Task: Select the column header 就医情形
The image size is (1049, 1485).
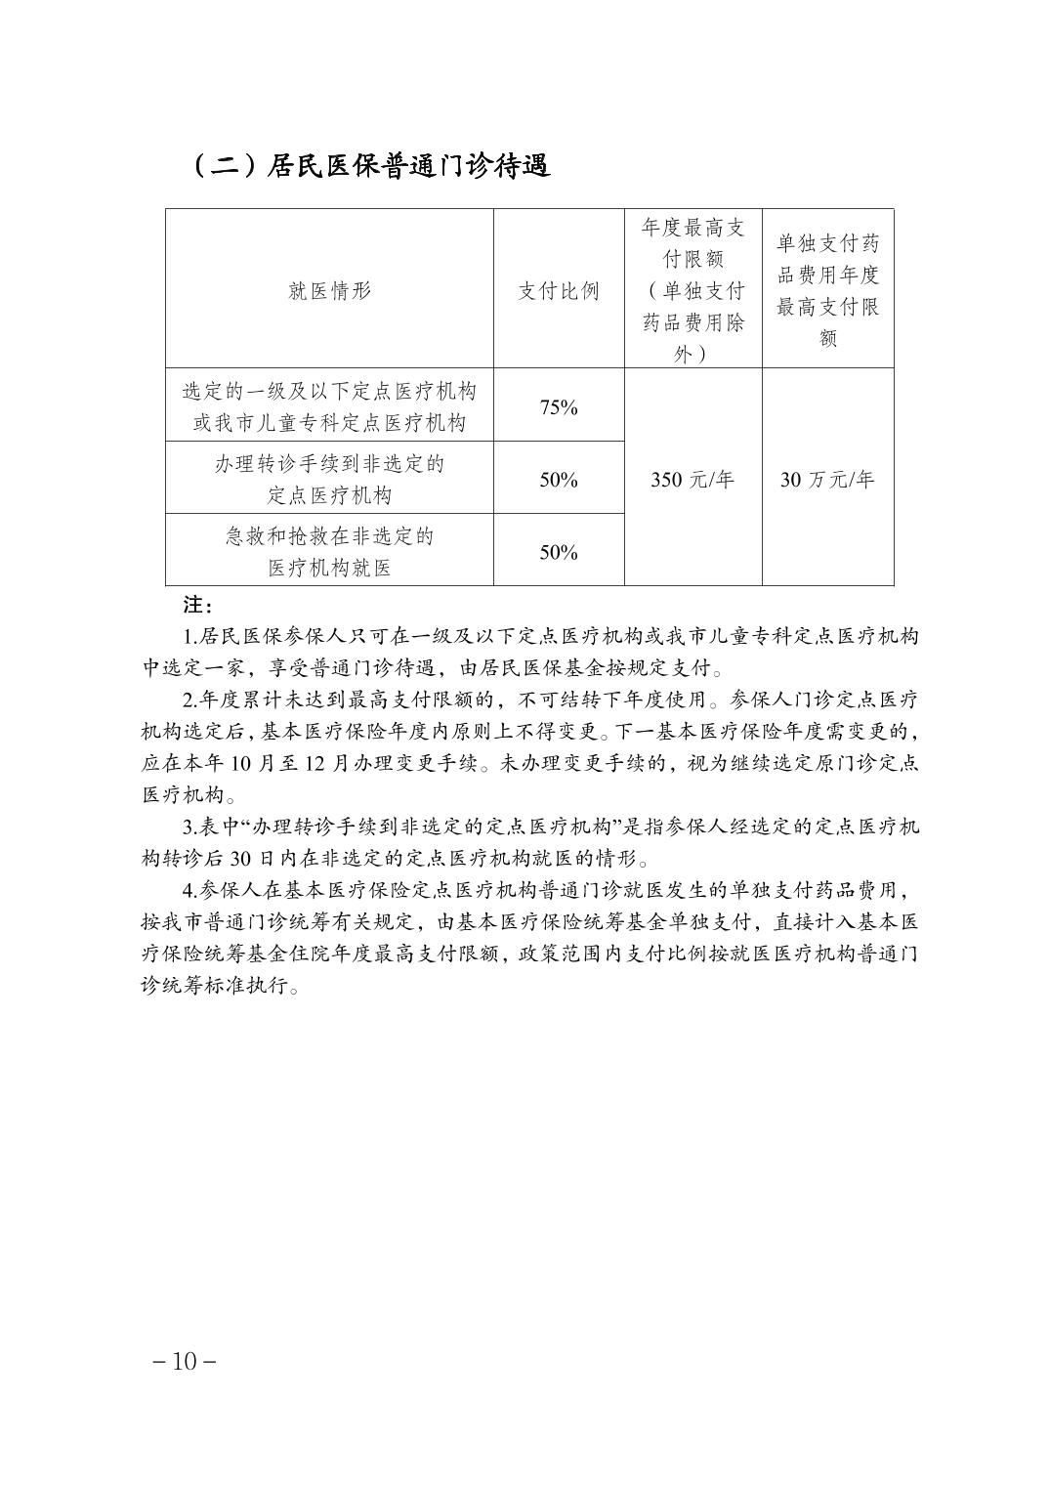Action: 330,291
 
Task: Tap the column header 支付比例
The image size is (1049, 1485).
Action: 559,291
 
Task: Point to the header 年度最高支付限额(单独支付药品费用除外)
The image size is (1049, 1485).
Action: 693,290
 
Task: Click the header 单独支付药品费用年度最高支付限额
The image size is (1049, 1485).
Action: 828,290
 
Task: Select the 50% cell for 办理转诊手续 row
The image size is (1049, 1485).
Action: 559,480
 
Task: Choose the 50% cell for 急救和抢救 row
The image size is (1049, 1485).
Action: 559,552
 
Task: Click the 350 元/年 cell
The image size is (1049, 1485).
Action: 692,480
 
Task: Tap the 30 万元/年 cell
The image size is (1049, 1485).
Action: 827,480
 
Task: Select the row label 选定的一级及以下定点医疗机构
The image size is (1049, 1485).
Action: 330,406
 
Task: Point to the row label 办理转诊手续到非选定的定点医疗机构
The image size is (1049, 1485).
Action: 330,479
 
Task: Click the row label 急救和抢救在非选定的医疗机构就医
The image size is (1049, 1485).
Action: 330,551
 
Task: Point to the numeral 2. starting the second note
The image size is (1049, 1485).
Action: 189,700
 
